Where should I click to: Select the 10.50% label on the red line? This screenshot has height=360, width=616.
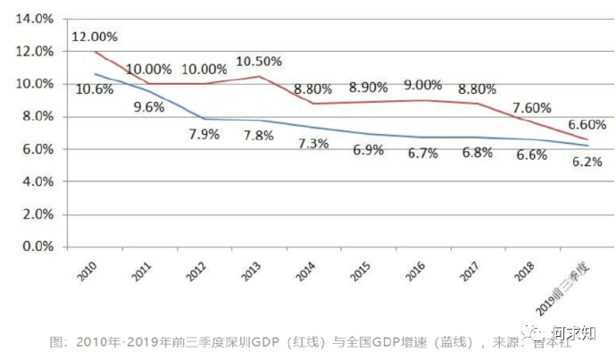259,62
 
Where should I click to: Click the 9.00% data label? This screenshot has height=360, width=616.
421,86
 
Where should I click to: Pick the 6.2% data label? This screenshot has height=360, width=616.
587,162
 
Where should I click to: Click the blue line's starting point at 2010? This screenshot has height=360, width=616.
95,73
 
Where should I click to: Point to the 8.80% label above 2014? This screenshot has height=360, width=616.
312,88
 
